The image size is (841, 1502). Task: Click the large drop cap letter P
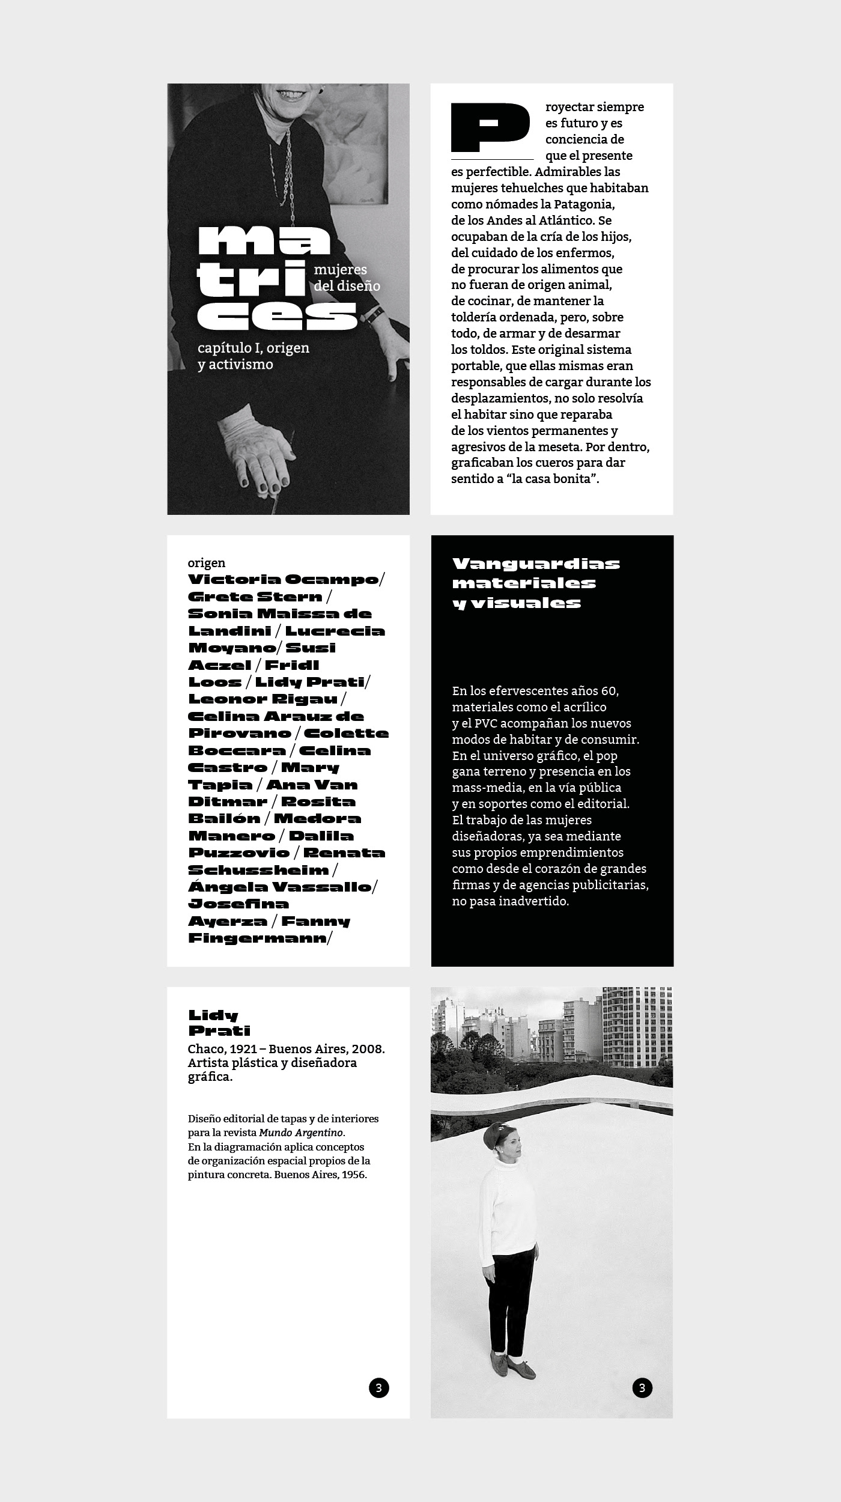coord(490,127)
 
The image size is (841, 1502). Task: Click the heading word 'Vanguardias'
coord(536,564)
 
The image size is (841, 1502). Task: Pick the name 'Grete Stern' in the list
coord(255,597)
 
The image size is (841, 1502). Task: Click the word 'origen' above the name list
coord(207,563)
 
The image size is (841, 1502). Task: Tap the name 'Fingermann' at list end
coord(257,938)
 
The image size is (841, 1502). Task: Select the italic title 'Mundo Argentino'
coord(302,1133)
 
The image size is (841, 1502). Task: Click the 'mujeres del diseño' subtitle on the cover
coord(347,278)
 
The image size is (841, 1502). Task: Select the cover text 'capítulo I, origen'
coord(254,348)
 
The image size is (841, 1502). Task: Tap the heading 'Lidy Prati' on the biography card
coord(219,1023)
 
